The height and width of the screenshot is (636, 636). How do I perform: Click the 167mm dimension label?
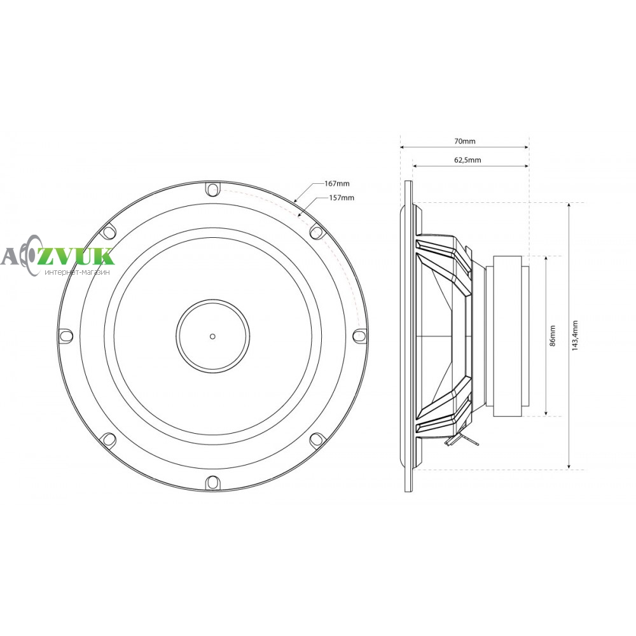pos(336,184)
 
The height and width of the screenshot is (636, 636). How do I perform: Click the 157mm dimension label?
pos(342,198)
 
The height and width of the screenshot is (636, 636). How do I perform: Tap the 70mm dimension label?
pos(464,141)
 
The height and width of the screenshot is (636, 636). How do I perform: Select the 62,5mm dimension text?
pos(467,160)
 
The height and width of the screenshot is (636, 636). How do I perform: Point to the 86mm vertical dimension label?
pos(553,335)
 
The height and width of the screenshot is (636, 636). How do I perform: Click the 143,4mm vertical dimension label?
pos(575,335)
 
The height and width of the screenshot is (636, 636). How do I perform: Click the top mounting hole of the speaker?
pos(212,189)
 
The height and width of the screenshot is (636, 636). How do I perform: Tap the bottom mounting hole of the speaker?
pos(212,482)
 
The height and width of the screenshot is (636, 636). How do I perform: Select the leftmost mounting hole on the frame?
pos(66,336)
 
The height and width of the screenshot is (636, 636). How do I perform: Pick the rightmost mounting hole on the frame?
pos(359,335)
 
